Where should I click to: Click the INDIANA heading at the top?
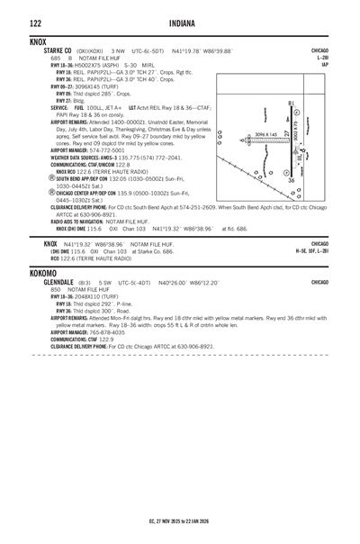[x=180, y=22]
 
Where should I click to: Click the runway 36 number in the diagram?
[x=290, y=181]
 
